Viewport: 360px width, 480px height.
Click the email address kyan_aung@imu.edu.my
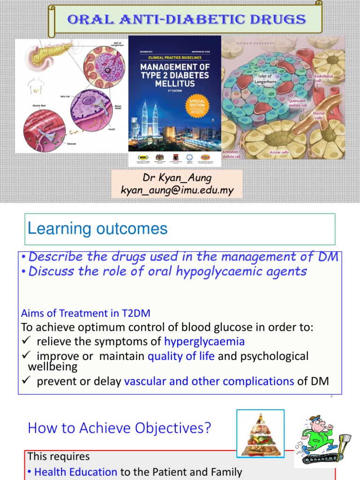pyautogui.click(x=177, y=190)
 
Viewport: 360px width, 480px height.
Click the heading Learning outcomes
pyautogui.click(x=97, y=229)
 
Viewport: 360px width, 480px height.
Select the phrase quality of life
pyautogui.click(x=181, y=356)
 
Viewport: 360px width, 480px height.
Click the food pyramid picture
pyautogui.click(x=260, y=433)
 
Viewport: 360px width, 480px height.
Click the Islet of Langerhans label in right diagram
pyautogui.click(x=263, y=78)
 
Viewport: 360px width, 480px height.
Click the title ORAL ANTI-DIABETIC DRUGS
pyautogui.click(x=187, y=19)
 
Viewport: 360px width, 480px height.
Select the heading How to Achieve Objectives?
pyautogui.click(x=120, y=427)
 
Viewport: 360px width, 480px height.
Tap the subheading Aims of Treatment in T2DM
pyautogui.click(x=86, y=313)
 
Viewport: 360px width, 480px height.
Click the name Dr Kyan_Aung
pyautogui.click(x=177, y=178)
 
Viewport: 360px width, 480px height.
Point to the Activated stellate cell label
pyautogui.click(x=230, y=154)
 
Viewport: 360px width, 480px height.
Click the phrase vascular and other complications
pyautogui.click(x=209, y=382)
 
